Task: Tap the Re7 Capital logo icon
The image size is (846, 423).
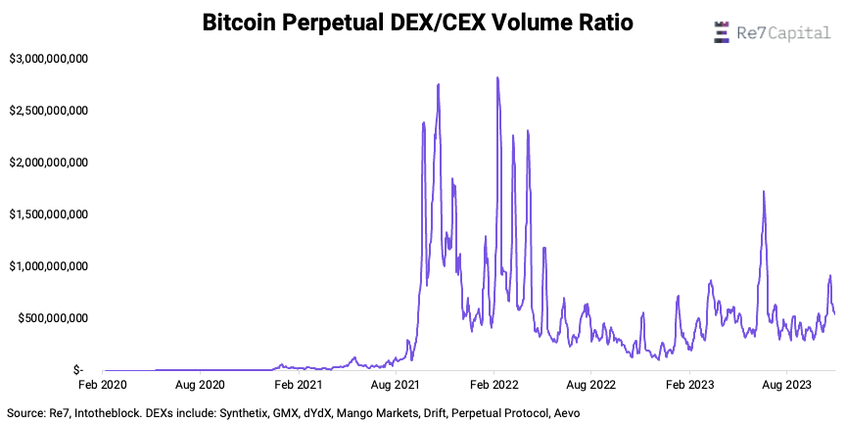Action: pos(722,32)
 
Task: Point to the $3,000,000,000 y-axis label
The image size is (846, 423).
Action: pos(49,59)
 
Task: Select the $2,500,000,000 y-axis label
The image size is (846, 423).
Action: pos(49,111)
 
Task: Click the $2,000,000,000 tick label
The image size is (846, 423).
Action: pos(49,163)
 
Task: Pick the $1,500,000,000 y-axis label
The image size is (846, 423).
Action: pos(49,214)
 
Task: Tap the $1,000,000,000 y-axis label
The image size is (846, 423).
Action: pos(49,266)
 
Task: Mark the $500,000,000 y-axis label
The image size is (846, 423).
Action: pos(55,318)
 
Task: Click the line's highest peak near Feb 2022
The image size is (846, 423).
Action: pos(497,77)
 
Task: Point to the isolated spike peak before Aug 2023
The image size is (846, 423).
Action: pos(763,192)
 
